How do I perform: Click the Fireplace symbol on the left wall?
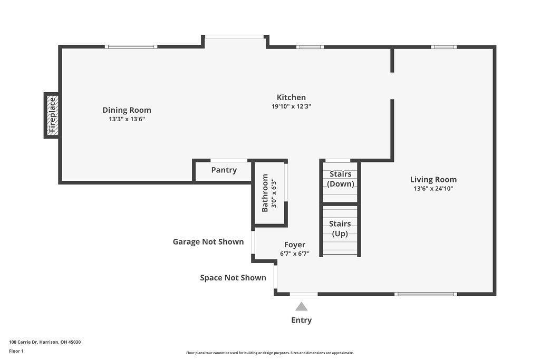point(52,115)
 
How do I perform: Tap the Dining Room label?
point(127,110)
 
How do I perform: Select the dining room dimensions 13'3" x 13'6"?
point(127,119)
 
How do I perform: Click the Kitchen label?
point(291,98)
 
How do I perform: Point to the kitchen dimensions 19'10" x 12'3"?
point(291,106)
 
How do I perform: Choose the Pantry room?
point(224,170)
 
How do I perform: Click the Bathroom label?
point(265,193)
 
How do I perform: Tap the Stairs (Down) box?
point(340,179)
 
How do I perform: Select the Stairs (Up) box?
point(340,229)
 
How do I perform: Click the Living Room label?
point(433,180)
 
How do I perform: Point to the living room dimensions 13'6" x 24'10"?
point(433,188)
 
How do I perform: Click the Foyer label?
point(294,245)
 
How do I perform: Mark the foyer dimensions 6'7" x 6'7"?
point(294,254)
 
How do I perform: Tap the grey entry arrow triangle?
point(301,307)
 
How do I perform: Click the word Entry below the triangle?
point(301,320)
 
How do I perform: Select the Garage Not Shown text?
point(208,242)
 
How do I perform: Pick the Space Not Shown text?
point(233,278)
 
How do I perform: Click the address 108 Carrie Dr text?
point(45,342)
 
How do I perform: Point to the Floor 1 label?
point(16,351)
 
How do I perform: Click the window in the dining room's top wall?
point(131,47)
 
